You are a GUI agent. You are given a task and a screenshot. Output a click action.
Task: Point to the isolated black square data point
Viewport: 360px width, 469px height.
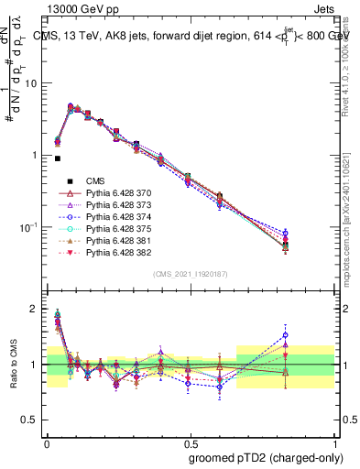click(58, 158)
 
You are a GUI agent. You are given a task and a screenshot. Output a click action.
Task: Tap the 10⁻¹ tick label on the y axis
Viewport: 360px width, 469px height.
click(29, 227)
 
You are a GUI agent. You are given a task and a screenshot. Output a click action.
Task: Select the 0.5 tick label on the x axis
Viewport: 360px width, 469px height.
click(188, 440)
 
